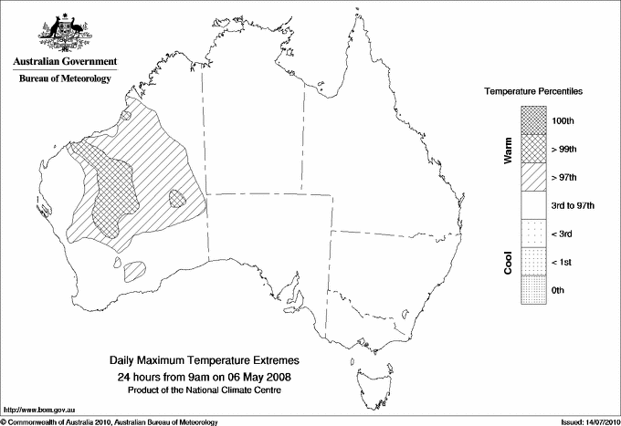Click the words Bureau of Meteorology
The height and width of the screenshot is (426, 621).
(x=65, y=79)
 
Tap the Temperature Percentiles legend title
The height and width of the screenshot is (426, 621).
(x=533, y=92)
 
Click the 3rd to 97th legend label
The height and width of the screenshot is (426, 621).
(x=572, y=206)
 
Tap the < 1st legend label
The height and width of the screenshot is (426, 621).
(x=563, y=263)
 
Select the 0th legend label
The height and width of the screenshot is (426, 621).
(x=560, y=291)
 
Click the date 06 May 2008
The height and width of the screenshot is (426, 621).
(x=252, y=377)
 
